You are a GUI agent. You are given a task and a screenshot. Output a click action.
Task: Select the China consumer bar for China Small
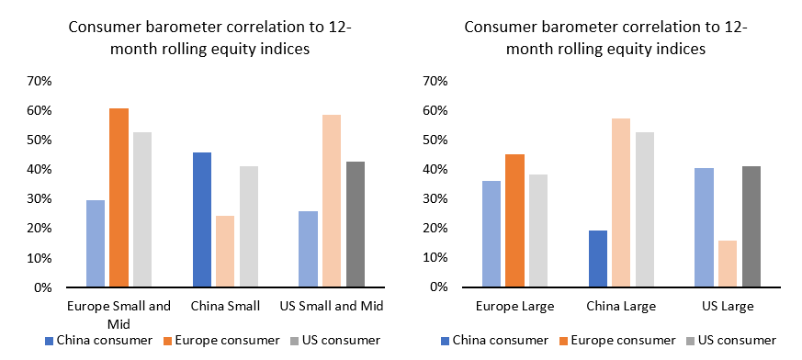click(x=202, y=219)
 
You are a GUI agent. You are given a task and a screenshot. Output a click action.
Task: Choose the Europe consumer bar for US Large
click(x=727, y=264)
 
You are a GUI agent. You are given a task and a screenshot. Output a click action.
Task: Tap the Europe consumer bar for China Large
click(x=622, y=202)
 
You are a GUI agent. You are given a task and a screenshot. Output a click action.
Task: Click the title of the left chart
click(x=210, y=39)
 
